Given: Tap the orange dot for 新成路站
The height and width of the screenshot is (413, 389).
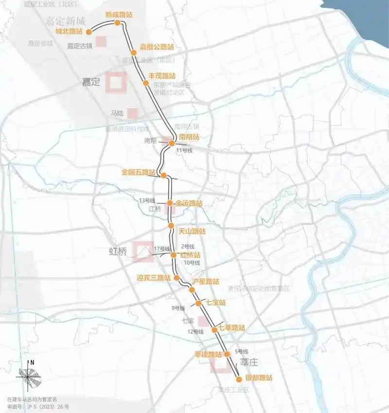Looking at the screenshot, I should point(117,22).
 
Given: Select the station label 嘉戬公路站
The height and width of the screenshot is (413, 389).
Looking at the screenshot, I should point(157,47).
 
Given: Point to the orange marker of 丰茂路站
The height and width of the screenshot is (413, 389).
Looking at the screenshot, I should point(145,83).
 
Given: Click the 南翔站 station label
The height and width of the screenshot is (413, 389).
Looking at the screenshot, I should point(189,137).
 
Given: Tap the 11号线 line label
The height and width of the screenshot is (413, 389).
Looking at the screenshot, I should point(184,150).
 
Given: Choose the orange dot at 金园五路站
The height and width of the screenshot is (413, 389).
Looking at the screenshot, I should point(164,175).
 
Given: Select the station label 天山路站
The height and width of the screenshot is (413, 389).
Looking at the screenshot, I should point(192,231).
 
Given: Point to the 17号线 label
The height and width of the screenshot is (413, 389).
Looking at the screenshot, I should point(161,249).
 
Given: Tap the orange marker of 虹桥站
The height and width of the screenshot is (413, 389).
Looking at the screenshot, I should point(173,255).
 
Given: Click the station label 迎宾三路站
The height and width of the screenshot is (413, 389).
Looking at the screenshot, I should point(154,278).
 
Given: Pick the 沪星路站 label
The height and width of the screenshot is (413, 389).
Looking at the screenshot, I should point(205,281).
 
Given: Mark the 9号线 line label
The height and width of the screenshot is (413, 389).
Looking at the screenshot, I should point(178,308).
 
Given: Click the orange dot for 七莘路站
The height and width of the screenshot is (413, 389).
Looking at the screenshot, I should point(214,330).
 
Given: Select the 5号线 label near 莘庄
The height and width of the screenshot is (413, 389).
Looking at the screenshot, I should point(242,351).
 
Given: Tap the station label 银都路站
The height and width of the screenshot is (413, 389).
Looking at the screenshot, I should point(258,378).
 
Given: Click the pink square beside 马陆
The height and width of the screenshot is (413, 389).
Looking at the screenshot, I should point(132,113).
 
